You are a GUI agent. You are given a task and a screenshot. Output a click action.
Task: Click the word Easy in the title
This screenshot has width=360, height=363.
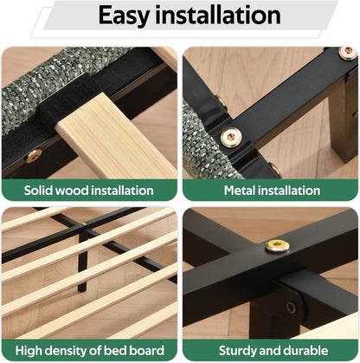click(x=124, y=16)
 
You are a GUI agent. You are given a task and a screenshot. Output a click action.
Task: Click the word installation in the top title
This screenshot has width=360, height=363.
click(x=218, y=15)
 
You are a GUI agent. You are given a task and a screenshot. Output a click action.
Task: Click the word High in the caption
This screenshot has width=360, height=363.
click(x=29, y=351)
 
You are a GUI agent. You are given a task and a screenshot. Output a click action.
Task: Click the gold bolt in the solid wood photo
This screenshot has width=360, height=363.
click(x=34, y=156)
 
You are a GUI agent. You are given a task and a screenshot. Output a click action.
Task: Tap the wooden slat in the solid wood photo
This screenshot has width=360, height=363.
click(x=115, y=136)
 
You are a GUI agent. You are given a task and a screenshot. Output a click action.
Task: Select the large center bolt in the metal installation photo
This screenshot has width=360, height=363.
click(x=230, y=137)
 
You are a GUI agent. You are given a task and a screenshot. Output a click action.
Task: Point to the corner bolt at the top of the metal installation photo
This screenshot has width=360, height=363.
click(x=348, y=53)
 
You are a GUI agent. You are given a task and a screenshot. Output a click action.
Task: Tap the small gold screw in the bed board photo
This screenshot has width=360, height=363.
click(x=84, y=224)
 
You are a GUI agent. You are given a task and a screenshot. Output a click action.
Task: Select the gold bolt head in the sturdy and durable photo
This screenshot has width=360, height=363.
click(x=277, y=247)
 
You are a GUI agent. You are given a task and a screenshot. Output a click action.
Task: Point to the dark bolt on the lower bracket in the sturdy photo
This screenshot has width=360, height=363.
click(x=291, y=308)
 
